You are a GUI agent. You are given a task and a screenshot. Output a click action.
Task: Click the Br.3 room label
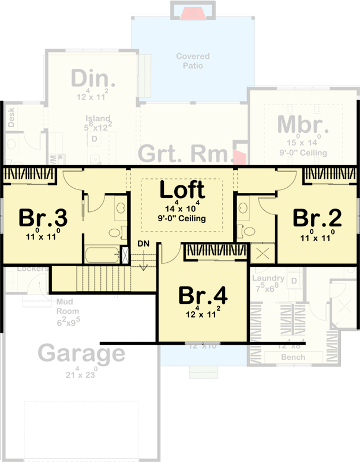[43, 218]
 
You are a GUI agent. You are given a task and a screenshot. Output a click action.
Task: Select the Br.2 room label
[317, 218]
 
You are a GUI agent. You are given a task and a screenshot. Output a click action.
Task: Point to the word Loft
[182, 189]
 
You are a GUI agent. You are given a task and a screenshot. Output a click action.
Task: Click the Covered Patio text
[193, 61]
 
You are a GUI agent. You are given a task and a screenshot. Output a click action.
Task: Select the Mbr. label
[303, 125]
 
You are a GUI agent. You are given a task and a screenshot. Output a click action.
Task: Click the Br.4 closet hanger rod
[216, 252]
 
